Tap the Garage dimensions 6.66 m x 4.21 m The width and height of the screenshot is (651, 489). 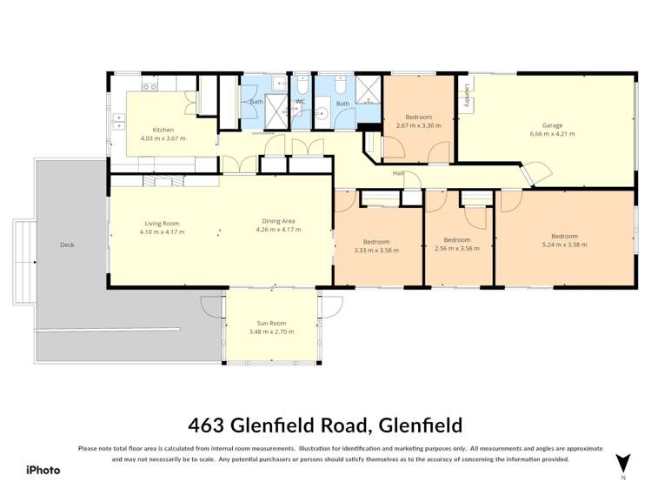point(552,134)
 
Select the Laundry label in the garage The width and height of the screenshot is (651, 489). point(468,94)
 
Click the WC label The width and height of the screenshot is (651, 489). point(301,102)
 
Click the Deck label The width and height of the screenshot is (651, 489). point(67,244)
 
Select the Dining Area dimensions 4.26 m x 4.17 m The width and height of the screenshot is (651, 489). point(278,231)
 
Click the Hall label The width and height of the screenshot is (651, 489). point(398,173)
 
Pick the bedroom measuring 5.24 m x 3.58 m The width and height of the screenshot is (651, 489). point(564,241)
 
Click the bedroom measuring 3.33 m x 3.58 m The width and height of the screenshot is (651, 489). point(376,246)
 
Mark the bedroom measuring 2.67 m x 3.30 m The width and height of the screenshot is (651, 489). point(418,122)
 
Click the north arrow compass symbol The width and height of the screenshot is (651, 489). point(622,464)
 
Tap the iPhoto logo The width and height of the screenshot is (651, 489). point(43,470)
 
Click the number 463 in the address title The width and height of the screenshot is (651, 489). point(208,425)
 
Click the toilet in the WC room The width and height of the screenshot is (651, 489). point(302,87)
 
